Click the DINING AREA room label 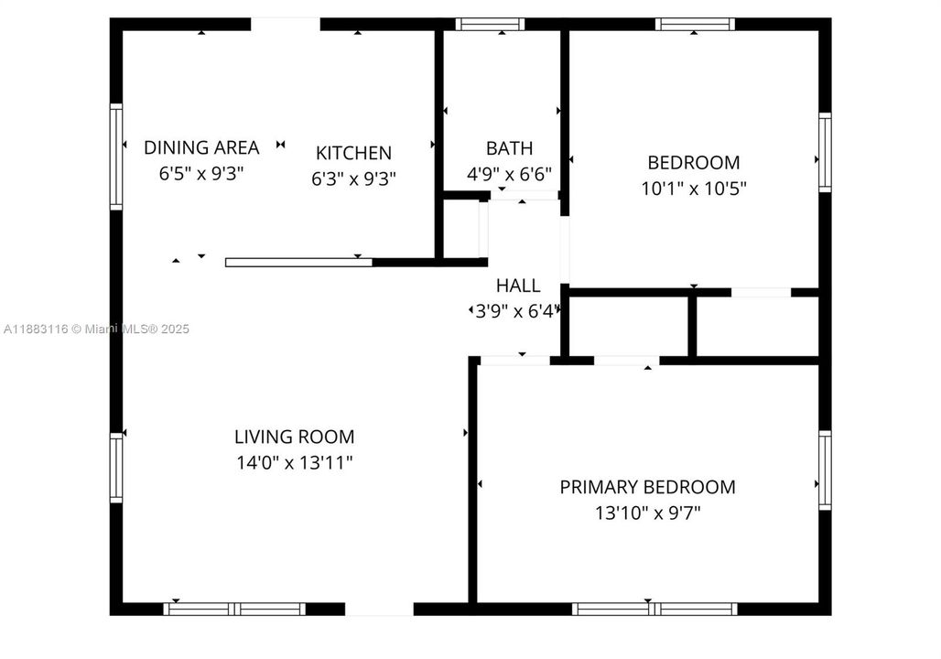tap(201, 147)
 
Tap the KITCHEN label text tap(353, 154)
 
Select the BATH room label tap(509, 148)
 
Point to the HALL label tap(518, 286)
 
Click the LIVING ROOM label tap(294, 438)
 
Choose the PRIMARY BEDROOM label tap(647, 487)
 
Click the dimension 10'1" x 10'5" tap(694, 189)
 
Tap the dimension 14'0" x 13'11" tap(294, 463)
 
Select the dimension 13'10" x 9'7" tap(647, 513)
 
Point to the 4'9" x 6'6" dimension tap(509, 173)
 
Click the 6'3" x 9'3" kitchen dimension tap(353, 178)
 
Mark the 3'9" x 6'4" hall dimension tap(514, 311)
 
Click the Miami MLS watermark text tap(96, 329)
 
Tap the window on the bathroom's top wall tap(490, 25)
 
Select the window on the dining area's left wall tap(116, 157)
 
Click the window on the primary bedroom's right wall tap(825, 470)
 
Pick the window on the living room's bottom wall tap(234, 609)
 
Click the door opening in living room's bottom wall tap(379, 609)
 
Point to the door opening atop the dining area tap(285, 25)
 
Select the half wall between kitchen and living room tap(298, 263)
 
